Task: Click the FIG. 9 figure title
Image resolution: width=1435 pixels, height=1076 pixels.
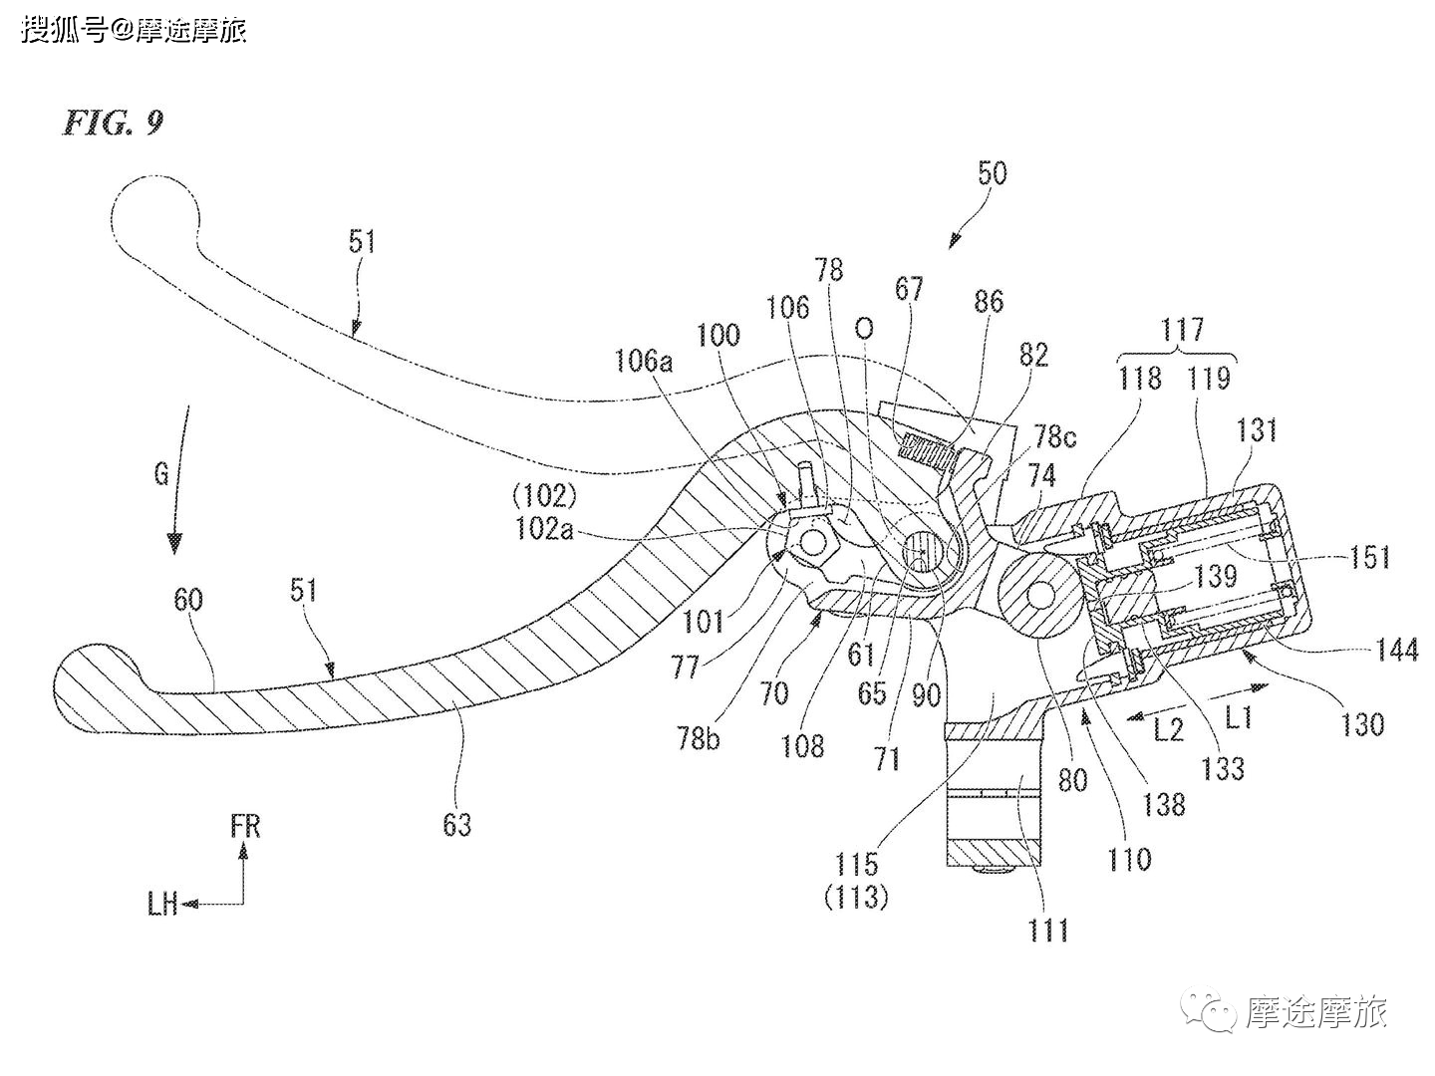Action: click(x=113, y=123)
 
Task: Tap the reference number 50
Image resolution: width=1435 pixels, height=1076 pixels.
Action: click(x=992, y=173)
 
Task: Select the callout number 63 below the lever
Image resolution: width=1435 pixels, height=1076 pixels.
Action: click(x=457, y=824)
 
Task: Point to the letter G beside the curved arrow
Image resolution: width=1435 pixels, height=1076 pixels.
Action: click(x=161, y=474)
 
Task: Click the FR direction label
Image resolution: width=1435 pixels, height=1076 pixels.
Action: click(x=245, y=826)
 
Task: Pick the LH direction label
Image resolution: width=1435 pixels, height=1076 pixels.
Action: click(x=162, y=904)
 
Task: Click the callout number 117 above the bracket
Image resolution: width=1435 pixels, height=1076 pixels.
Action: click(x=1183, y=329)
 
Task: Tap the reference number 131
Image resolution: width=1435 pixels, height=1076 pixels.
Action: click(x=1258, y=430)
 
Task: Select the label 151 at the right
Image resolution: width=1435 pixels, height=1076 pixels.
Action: click(x=1369, y=557)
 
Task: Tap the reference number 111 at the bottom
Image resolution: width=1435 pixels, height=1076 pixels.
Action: click(x=1048, y=930)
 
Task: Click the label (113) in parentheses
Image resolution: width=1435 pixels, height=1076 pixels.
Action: click(x=857, y=898)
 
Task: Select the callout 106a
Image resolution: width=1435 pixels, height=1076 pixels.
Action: click(x=643, y=361)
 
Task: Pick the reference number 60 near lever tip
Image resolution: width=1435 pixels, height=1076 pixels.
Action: click(x=188, y=599)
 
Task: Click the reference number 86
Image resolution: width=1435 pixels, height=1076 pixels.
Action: click(x=989, y=301)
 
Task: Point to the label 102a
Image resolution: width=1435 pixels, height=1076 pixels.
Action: click(x=545, y=529)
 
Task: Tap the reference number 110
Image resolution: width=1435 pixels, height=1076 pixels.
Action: click(x=1129, y=858)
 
